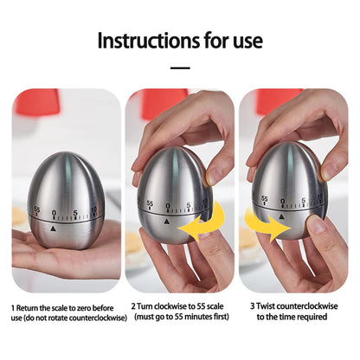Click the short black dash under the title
(180, 67)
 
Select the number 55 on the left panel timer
(36, 210)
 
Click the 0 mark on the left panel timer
(55, 213)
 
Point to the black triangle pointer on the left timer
(54, 229)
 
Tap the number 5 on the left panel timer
(75, 211)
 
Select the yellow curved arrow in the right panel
(264, 227)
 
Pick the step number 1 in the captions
(13, 307)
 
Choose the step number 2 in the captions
(134, 307)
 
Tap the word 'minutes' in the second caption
(201, 318)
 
